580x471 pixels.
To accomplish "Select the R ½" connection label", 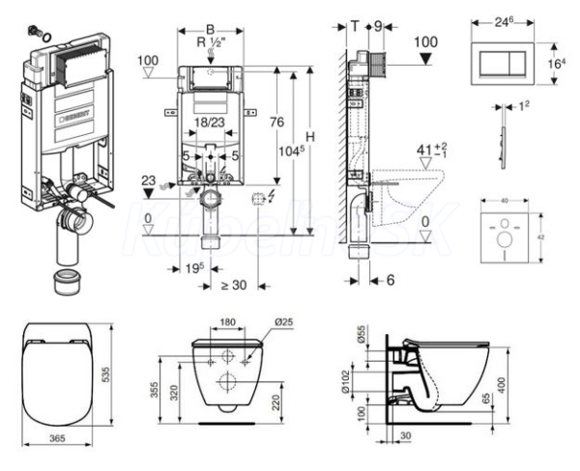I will tap(212, 43).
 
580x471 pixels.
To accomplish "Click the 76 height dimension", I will tap(276, 123).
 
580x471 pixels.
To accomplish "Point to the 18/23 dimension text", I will tap(209, 123).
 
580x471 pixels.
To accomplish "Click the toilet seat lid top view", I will tap(60, 372).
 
